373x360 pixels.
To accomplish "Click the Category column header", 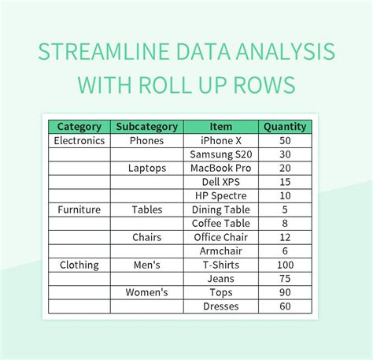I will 79,127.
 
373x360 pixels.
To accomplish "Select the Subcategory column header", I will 147,127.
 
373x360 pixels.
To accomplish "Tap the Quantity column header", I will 284,127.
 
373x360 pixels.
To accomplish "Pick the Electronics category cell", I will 79,140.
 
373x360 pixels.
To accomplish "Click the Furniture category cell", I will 79,210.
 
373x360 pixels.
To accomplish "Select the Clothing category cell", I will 79,265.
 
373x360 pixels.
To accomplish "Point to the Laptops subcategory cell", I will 147,168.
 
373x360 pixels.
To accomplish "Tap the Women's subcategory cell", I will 147,292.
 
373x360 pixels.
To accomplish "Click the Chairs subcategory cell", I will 147,237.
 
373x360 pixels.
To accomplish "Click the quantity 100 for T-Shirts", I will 284,265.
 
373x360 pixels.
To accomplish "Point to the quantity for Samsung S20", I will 284,154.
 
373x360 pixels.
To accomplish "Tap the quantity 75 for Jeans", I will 284,279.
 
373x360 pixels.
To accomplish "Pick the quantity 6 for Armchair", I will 284,251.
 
